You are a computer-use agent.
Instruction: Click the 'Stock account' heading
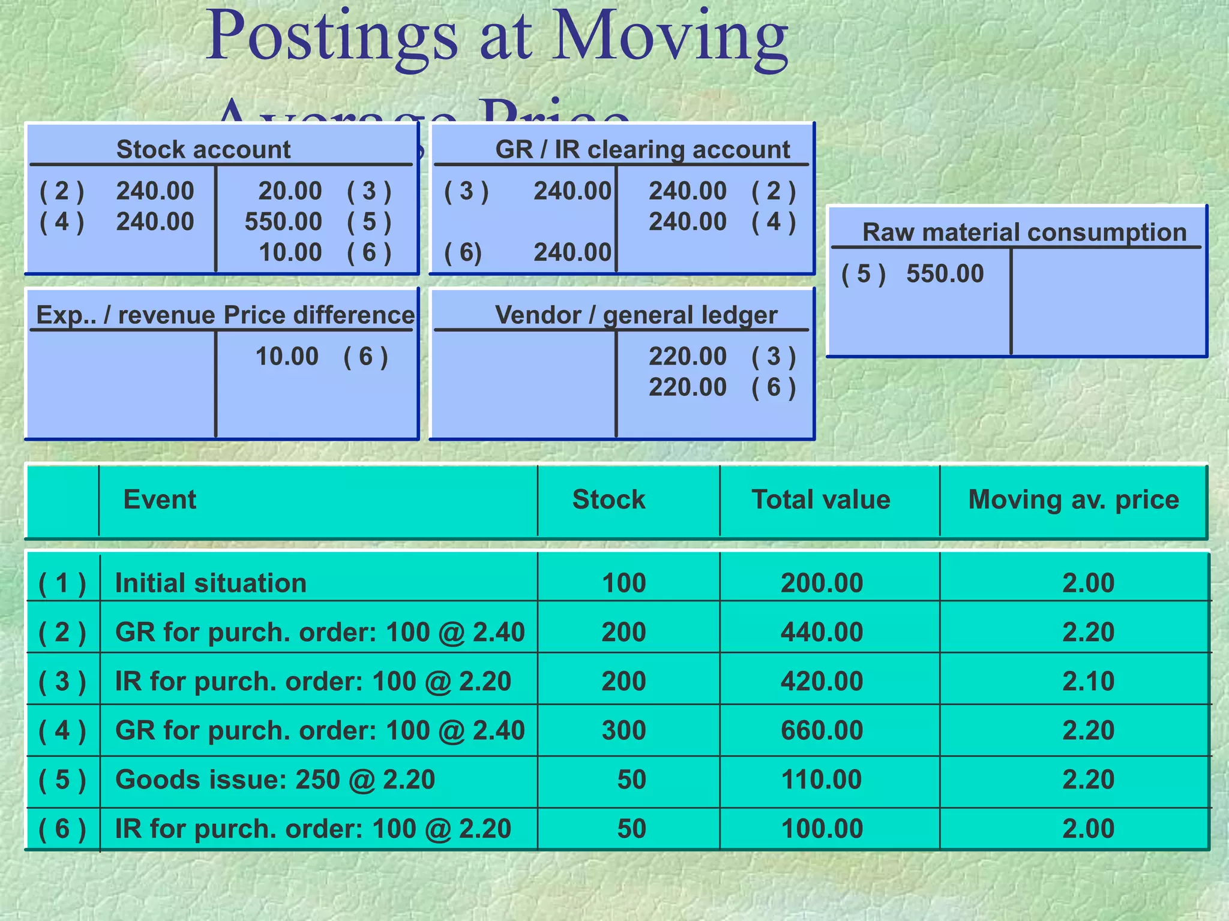203,149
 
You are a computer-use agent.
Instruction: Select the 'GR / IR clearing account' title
642,149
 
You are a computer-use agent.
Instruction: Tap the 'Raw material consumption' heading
1024,232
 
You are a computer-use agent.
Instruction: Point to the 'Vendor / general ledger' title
636,315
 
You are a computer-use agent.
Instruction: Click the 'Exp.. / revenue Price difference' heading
225,315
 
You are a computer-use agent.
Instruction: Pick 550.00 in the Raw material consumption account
945,273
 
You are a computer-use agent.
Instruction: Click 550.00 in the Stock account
283,222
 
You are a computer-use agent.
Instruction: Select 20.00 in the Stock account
290,191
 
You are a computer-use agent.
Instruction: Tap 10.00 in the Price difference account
287,357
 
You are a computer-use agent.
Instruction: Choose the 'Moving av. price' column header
1073,499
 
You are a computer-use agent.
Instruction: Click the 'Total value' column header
820,499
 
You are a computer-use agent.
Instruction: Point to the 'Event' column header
160,499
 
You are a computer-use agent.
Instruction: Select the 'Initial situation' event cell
211,583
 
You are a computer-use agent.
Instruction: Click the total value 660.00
822,730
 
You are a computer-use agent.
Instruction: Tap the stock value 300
624,730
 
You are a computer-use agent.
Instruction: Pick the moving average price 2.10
1088,681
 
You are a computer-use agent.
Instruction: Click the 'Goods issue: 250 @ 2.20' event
275,779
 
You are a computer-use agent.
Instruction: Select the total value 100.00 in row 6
822,829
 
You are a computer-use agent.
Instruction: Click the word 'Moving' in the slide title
669,37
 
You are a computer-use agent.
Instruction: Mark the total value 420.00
822,681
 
